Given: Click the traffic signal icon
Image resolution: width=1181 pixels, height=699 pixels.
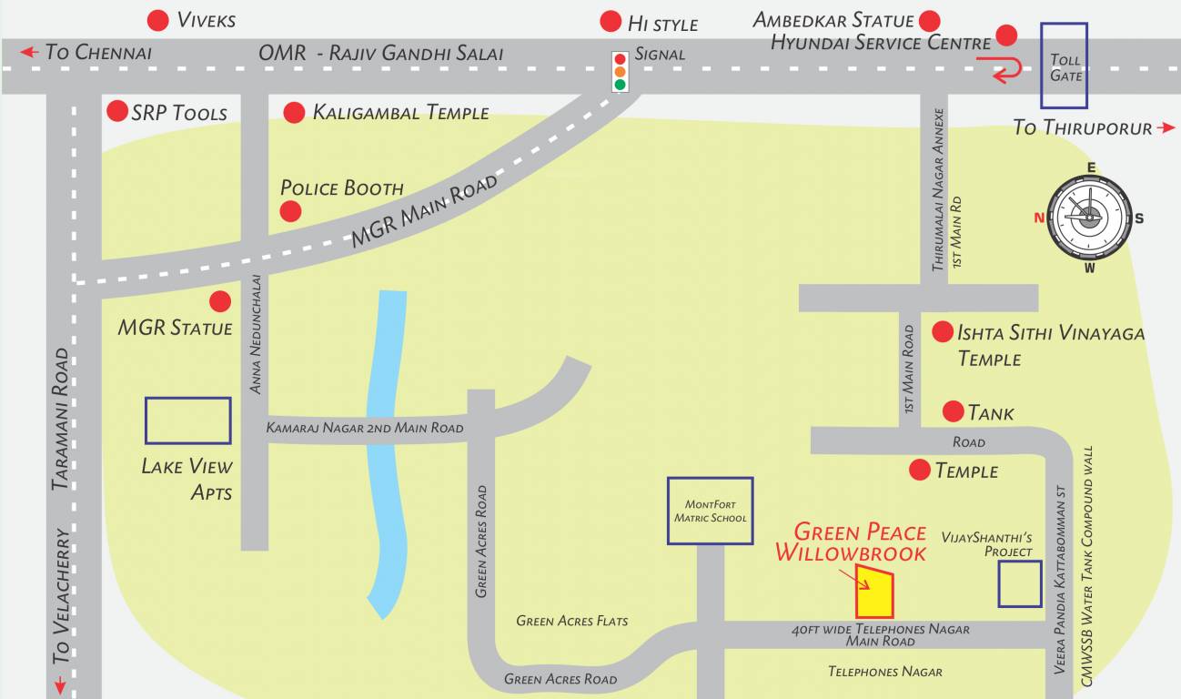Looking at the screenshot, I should (621, 72).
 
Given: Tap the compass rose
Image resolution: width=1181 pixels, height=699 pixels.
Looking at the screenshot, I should (1089, 218).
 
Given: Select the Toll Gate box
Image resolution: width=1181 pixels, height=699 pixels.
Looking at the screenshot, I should (1064, 66).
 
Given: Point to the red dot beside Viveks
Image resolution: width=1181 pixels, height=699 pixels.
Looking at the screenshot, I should (158, 20).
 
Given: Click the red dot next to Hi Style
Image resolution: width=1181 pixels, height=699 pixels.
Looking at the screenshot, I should (611, 22).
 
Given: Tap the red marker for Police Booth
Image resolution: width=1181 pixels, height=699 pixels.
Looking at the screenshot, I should (290, 211).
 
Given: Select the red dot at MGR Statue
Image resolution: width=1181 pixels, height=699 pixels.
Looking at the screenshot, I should (220, 301).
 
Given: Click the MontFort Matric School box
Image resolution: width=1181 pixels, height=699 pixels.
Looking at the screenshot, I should (710, 511).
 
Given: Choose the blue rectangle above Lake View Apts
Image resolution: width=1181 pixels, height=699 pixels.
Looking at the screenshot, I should (187, 420).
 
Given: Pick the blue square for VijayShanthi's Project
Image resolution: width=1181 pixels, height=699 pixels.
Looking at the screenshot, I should (1019, 583).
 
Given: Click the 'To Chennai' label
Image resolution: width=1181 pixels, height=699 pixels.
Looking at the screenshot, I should (97, 52).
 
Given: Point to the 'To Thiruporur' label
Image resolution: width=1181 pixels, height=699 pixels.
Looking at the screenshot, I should (1083, 127).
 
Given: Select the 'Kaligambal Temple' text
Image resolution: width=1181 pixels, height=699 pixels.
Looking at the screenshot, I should (400, 113).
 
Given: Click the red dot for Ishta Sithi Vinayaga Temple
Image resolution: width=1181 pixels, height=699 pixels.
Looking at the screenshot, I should (943, 332).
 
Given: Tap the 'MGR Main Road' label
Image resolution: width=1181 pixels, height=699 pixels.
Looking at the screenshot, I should (425, 212).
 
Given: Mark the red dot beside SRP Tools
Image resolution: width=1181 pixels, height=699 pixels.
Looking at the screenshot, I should (117, 111).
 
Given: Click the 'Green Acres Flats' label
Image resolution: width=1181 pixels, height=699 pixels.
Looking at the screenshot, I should (571, 621).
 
